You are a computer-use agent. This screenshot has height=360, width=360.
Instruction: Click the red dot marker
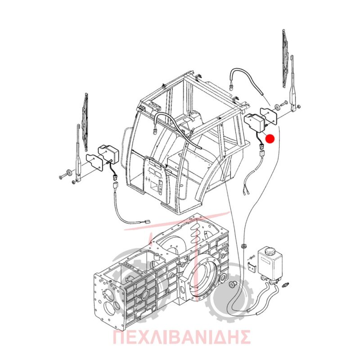point(270,139)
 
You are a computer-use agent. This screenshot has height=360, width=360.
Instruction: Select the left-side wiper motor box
point(108,154)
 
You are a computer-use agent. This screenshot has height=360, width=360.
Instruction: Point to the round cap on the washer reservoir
point(269,251)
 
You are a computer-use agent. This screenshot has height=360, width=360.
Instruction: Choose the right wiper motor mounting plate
point(269,116)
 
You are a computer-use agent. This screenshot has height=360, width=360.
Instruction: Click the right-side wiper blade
point(285,58)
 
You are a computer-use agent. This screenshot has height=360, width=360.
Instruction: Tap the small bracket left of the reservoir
point(252,267)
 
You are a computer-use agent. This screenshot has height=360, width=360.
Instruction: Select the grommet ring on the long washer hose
point(243,246)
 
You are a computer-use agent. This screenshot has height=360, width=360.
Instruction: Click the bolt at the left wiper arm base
point(62,177)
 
